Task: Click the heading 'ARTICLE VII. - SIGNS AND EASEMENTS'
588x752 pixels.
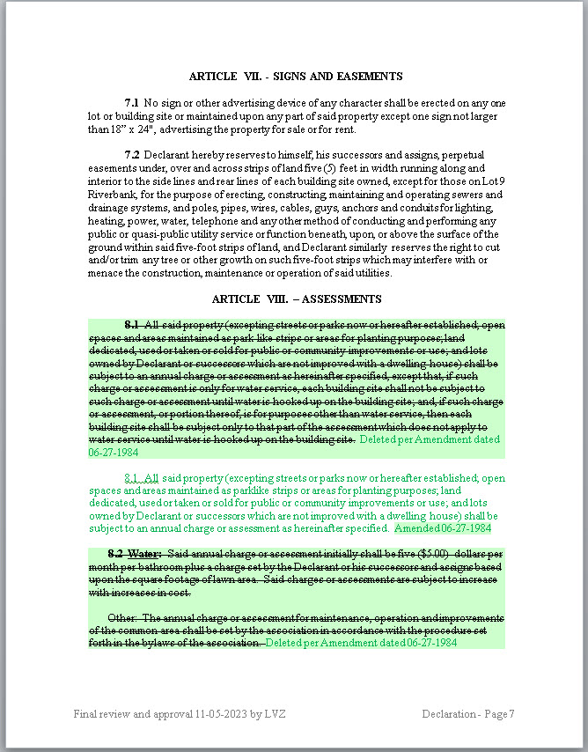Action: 296,77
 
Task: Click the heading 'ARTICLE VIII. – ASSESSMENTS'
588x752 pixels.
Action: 296,299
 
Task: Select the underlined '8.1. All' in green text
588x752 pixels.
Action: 142,477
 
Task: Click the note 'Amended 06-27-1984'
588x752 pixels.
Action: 443,528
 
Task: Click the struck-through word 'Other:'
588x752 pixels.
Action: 122,617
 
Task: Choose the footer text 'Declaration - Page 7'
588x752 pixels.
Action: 467,713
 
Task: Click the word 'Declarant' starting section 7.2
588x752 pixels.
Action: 167,155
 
